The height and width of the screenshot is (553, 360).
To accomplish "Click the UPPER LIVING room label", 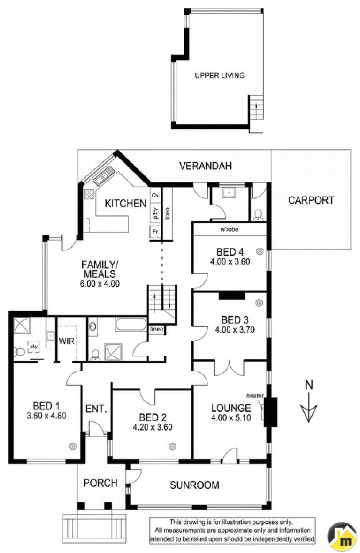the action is coord(220,75).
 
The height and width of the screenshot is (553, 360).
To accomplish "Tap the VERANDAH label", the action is coord(206,166).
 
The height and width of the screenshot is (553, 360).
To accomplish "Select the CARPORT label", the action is coord(311,200).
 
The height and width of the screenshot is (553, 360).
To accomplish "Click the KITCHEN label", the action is coord(126,204).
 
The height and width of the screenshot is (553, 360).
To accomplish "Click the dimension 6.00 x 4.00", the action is coord(100,284).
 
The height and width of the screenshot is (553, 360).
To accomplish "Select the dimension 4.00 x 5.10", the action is coord(231,418).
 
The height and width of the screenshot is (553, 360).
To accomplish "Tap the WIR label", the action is coord(66,341).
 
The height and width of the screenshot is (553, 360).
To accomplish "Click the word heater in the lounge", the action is coord(255,396).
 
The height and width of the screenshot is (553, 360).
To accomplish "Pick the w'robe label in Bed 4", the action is coord(230,229).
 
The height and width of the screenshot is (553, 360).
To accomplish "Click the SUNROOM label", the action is coord(194,485).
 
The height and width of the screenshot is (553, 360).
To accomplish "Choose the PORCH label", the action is coord(100,483).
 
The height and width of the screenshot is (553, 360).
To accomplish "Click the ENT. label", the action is coord(96,409).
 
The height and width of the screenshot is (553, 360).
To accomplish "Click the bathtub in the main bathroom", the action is coord(130,324).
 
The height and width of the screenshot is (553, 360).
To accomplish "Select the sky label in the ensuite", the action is coord(33,347).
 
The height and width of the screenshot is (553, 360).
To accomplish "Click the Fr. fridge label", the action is coord(155,232).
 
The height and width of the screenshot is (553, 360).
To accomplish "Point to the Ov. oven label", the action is coord(156,195).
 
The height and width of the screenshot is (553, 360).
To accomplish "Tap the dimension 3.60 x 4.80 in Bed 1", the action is coord(46,416).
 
